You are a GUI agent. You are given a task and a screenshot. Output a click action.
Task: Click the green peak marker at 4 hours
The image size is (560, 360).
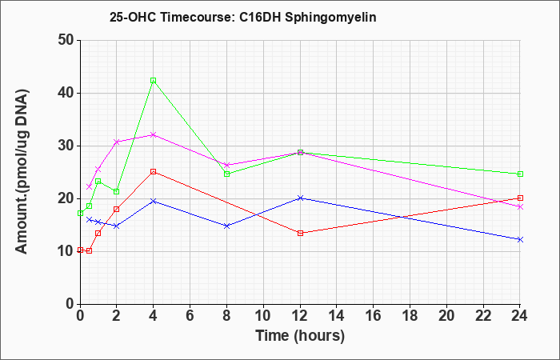click(x=154, y=81)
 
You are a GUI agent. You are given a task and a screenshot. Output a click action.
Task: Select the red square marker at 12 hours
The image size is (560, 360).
click(x=300, y=234)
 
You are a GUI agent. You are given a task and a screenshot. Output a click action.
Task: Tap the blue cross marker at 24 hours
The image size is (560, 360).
click(x=520, y=240)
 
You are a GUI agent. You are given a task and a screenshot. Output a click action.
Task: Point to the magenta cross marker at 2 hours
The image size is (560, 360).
click(x=116, y=142)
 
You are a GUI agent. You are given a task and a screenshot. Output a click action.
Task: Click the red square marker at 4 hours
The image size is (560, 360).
click(x=154, y=172)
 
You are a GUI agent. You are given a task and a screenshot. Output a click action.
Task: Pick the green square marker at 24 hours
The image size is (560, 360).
click(x=520, y=174)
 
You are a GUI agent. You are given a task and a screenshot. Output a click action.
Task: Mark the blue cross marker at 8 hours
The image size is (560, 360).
click(x=226, y=226)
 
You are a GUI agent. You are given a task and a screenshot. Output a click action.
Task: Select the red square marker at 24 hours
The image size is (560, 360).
click(x=520, y=198)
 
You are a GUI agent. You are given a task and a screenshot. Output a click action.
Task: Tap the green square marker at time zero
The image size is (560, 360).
click(x=80, y=214)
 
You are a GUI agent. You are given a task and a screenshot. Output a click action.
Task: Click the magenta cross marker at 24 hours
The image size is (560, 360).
click(x=520, y=206)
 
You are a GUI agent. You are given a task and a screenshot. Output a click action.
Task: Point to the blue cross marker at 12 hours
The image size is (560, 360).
click(x=300, y=198)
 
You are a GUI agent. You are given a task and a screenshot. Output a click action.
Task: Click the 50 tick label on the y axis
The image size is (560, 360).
click(x=66, y=40)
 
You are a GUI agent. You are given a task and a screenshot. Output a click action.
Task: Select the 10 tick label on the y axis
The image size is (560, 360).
click(x=66, y=251)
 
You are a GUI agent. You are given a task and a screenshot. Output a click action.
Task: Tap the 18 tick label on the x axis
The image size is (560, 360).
click(x=410, y=316)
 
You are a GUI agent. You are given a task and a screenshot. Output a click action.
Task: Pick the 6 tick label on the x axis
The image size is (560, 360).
click(x=190, y=316)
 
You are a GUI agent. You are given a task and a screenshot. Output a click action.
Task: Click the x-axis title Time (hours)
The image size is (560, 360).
click(x=300, y=336)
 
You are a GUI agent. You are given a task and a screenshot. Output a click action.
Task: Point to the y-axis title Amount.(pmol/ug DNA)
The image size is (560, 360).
click(x=22, y=172)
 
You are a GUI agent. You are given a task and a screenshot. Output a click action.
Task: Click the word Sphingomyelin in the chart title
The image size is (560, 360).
click(x=330, y=17)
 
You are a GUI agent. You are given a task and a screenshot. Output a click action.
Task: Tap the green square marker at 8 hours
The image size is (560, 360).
click(x=226, y=174)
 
